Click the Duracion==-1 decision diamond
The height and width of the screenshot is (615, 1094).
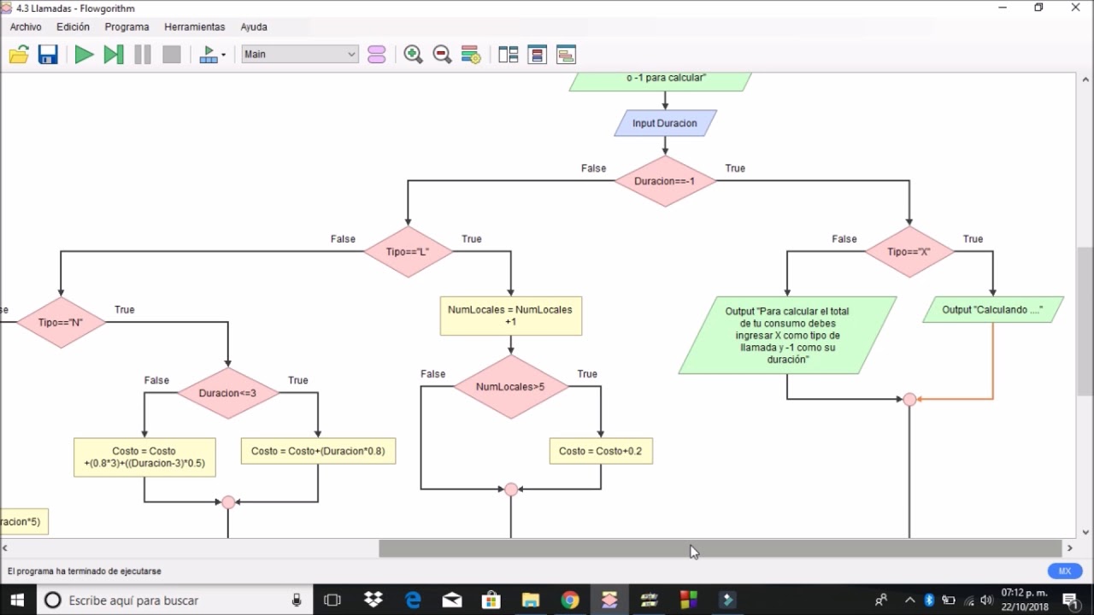pos(665,181)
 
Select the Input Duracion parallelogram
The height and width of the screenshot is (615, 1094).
pos(665,123)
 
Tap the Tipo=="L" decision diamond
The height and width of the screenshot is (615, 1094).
pos(408,252)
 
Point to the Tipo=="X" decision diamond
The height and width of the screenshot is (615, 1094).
pos(909,252)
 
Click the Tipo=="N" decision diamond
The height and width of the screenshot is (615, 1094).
pos(61,322)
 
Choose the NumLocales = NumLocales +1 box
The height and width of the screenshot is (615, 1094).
pos(510,316)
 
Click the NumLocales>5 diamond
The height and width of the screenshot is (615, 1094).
pos(510,387)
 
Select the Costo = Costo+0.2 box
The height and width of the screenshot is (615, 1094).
pos(600,451)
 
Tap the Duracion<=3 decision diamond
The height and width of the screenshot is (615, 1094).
pos(227,393)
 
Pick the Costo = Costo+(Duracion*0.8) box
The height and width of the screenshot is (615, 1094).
pos(318,451)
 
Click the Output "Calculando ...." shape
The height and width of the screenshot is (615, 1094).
pos(992,310)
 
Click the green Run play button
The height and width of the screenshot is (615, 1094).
pos(84,55)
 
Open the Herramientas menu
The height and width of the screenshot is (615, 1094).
pos(195,27)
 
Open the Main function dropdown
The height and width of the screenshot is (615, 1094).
pos(299,55)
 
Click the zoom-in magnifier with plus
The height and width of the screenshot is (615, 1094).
pos(413,55)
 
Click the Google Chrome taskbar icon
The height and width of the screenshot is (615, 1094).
pos(570,600)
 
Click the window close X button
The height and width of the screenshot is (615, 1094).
pos(1076,8)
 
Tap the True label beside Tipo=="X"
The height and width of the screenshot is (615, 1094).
pos(973,239)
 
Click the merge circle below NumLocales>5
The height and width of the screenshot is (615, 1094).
pos(511,489)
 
